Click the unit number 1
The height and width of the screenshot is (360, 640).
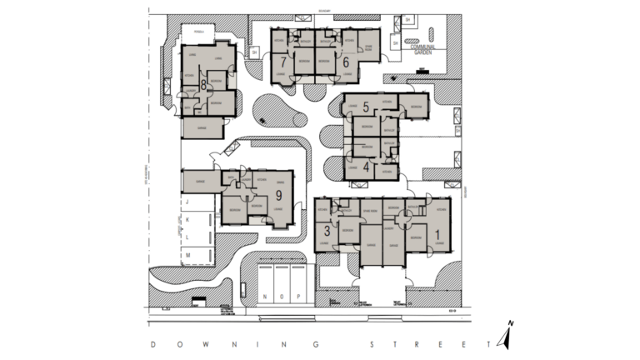coord(437,234)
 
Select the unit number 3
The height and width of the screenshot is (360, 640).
coord(327,228)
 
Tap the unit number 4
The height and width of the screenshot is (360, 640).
coord(367,166)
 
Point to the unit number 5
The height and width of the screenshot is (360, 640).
coord(366,107)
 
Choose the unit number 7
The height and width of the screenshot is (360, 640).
coord(284,62)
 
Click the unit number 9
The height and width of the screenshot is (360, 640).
coord(278,195)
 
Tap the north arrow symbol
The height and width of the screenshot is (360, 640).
coord(506,335)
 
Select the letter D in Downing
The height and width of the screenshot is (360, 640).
coord(152,344)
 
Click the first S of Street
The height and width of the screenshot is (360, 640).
coord(370,344)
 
